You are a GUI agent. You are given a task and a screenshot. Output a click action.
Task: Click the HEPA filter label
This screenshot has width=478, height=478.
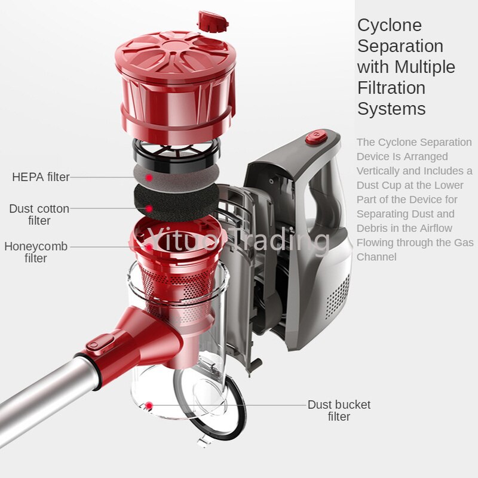(x=41, y=177)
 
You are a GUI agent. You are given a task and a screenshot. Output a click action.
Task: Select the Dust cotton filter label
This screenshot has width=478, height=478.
(x=39, y=215)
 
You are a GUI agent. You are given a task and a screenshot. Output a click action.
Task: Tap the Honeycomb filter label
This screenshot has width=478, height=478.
(x=36, y=252)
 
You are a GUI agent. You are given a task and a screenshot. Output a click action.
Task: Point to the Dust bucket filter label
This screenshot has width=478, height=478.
(x=339, y=411)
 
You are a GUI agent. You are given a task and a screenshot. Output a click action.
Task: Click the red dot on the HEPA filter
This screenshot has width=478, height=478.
(x=149, y=177)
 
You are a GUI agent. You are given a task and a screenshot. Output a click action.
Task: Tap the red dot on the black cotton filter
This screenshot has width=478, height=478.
(x=149, y=209)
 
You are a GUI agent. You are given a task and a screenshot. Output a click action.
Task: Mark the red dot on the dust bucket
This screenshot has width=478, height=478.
(x=149, y=406)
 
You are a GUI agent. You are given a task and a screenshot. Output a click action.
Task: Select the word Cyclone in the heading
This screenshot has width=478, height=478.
(x=390, y=26)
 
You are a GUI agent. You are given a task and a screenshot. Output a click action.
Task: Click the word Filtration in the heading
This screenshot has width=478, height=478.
(x=391, y=88)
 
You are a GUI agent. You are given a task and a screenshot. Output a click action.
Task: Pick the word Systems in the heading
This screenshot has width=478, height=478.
(x=391, y=109)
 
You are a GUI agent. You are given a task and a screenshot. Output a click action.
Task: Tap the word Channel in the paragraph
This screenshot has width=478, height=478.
(x=376, y=257)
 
